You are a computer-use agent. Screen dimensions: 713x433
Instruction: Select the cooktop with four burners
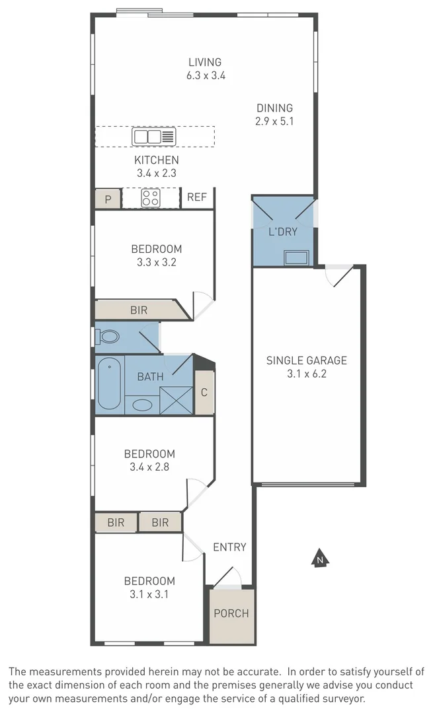[151, 198]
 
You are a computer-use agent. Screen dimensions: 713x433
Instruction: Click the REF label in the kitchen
[196, 197]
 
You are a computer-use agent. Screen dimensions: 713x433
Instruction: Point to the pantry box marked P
[108, 199]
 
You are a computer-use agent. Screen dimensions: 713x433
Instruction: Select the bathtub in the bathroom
[109, 384]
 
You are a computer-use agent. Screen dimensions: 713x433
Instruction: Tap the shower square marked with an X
[175, 399]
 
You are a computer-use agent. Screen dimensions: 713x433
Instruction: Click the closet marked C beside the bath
[204, 392]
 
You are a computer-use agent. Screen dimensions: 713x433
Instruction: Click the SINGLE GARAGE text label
[306, 360]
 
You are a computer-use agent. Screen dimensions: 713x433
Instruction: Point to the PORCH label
[231, 613]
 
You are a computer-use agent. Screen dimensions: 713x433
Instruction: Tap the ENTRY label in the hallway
[229, 547]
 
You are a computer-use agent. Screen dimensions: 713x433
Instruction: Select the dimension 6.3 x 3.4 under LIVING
[206, 75]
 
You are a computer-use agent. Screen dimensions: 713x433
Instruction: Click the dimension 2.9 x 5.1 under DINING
[274, 121]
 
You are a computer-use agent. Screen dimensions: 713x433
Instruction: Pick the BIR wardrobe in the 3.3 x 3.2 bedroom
[139, 310]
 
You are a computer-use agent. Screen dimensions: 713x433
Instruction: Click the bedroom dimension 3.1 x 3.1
[149, 594]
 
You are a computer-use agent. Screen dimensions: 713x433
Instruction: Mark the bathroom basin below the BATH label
[141, 405]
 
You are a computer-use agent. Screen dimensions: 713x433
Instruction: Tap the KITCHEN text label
[156, 160]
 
